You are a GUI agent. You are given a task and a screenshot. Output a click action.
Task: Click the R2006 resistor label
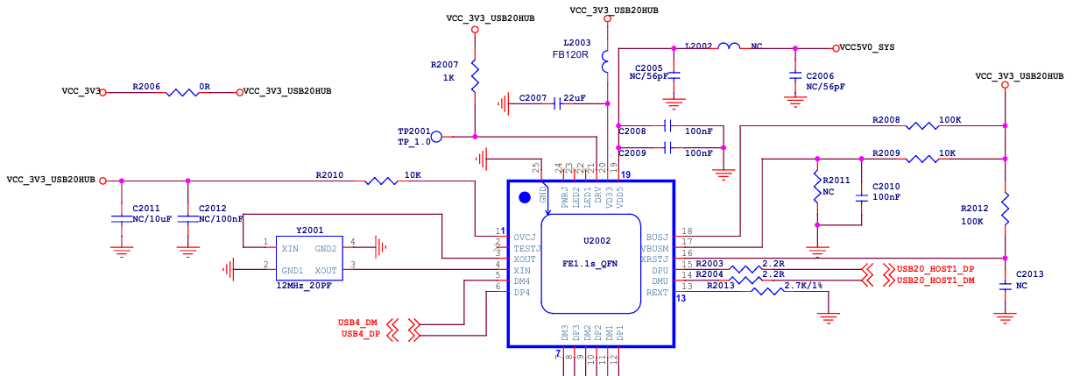click(x=146, y=87)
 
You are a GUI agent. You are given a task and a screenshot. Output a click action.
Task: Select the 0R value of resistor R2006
click(x=204, y=87)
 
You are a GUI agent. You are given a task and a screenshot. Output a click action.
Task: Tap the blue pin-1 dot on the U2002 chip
click(x=526, y=197)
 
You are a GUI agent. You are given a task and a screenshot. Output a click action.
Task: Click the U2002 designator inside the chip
click(x=597, y=240)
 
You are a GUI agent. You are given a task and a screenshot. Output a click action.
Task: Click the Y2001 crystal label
click(x=309, y=230)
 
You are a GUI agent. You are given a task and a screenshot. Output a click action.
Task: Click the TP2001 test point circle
click(x=436, y=136)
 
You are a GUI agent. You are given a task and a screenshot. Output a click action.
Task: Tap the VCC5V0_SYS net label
click(x=866, y=47)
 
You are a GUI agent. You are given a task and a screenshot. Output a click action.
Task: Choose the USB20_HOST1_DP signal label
click(x=935, y=268)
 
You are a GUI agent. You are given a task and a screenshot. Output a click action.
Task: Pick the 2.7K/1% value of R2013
click(x=803, y=285)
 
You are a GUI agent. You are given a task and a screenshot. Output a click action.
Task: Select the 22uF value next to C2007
click(x=575, y=97)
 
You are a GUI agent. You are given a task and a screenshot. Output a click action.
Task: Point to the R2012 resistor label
click(x=974, y=209)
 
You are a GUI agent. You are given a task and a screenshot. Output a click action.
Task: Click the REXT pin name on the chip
click(x=657, y=292)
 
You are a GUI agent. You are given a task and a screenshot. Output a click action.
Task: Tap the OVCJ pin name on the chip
click(x=525, y=237)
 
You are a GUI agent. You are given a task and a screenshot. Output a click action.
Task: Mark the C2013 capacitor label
click(x=1030, y=273)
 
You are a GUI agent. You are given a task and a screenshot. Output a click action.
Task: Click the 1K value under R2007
click(x=448, y=78)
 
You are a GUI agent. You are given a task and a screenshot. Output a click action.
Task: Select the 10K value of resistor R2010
click(x=413, y=175)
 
